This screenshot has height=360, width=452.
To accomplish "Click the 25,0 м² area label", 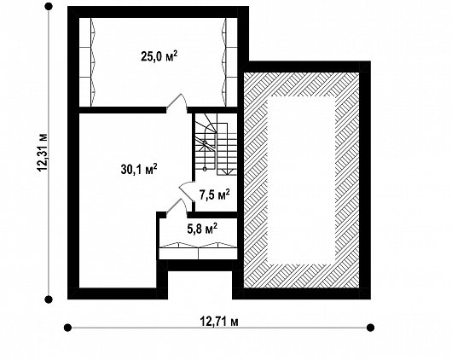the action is [159, 56].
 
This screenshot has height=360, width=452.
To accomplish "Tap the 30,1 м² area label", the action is [139, 169].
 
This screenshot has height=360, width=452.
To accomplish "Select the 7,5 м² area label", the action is [215, 195].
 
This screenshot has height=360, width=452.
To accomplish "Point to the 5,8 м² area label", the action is [202, 229].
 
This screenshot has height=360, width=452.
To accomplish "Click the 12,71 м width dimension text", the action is [219, 321].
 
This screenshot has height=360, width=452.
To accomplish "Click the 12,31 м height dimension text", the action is [43, 153].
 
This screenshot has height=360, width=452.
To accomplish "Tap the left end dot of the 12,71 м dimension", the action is [67, 328].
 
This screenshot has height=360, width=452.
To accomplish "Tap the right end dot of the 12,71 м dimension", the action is [370, 328].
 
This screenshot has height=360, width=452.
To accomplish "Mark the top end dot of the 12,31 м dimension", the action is [49, 6].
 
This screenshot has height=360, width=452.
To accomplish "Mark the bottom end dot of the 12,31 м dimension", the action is [49, 299].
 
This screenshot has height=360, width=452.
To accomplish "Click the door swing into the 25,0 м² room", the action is [177, 102].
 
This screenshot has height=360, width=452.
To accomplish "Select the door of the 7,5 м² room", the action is [187, 192].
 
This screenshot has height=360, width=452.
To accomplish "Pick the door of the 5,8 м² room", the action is [177, 206].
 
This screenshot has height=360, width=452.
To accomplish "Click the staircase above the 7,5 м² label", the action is [216, 144].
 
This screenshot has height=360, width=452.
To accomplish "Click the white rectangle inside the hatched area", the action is [302, 180].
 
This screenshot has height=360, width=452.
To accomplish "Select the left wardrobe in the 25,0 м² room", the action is [87, 61].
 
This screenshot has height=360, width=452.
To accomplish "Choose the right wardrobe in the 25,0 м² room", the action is [230, 61].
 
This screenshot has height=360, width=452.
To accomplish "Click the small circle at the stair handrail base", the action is [205, 169].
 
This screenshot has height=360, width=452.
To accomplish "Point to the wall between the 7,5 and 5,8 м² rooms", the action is [212, 215].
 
